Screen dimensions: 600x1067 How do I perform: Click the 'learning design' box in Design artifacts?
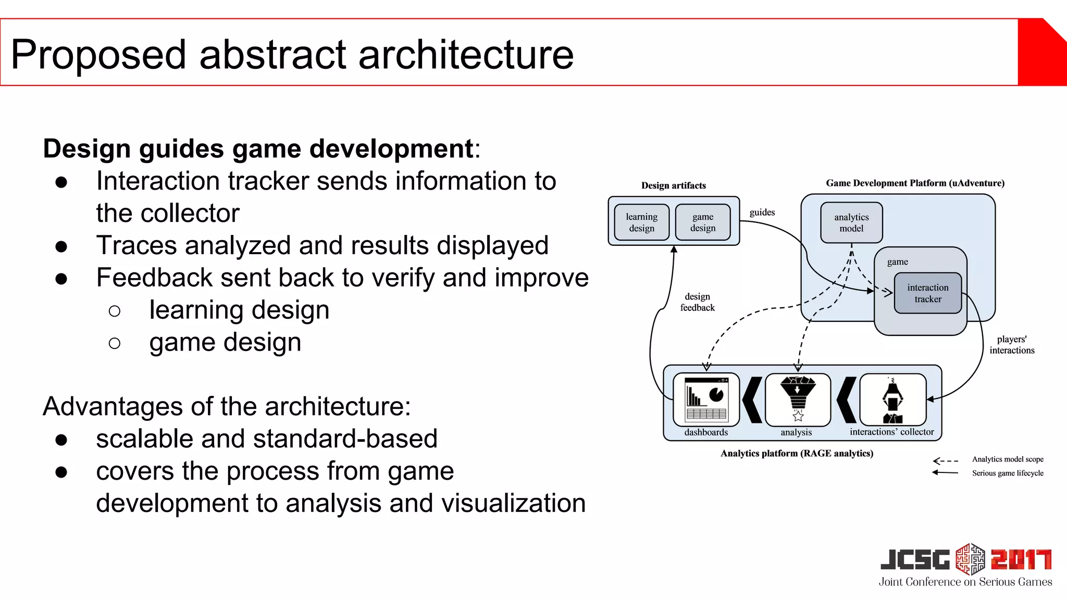(641, 222)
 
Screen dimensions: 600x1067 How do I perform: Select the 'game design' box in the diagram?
(703, 222)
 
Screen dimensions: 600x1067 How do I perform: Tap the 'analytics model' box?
(851, 223)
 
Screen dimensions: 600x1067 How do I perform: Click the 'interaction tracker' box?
(927, 293)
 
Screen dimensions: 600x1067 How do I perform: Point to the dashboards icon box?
(706, 399)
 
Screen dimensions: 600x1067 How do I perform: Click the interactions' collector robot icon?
(892, 399)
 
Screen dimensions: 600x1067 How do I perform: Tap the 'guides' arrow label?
(762, 213)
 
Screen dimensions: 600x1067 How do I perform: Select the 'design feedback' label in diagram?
(697, 302)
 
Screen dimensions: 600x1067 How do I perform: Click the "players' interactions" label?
(1012, 345)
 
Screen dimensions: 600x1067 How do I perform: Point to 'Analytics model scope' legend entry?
(1007, 459)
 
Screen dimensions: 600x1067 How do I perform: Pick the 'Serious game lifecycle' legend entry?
(1007, 473)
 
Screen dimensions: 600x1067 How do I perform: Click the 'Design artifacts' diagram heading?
(673, 185)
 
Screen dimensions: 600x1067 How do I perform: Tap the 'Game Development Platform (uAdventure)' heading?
(915, 183)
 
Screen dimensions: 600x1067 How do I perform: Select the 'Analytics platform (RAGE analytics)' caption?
(797, 454)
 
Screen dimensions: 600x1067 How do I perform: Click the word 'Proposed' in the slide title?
(98, 55)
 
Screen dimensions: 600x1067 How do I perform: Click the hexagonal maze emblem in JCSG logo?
(970, 559)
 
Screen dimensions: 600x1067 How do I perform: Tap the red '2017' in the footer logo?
(1021, 560)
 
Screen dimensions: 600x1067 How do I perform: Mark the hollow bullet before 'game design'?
(115, 343)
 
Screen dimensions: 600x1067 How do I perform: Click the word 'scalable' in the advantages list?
(141, 439)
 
